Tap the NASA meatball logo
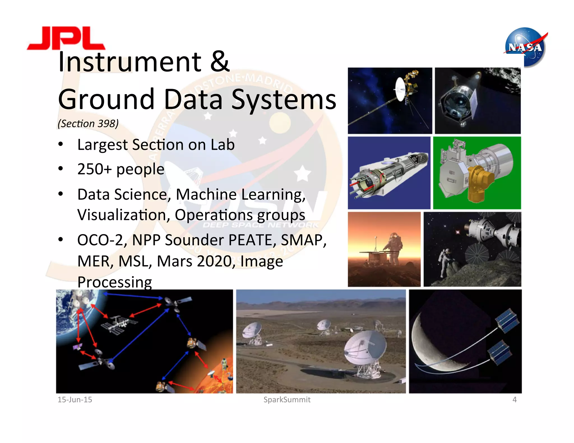pos(525,47)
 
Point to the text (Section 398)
pos(88,123)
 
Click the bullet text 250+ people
pos(121,169)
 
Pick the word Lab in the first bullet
pos(223,145)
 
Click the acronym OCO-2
pos(100,240)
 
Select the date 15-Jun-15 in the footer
pos(75,400)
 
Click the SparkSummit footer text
pos(287,400)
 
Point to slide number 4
pos(514,400)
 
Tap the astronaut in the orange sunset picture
pos(394,246)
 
